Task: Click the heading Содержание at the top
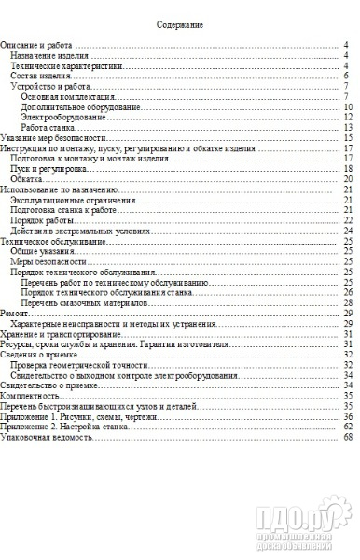tap(179, 26)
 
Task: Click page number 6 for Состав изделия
tap(345, 77)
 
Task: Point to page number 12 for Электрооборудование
tap(344, 117)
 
